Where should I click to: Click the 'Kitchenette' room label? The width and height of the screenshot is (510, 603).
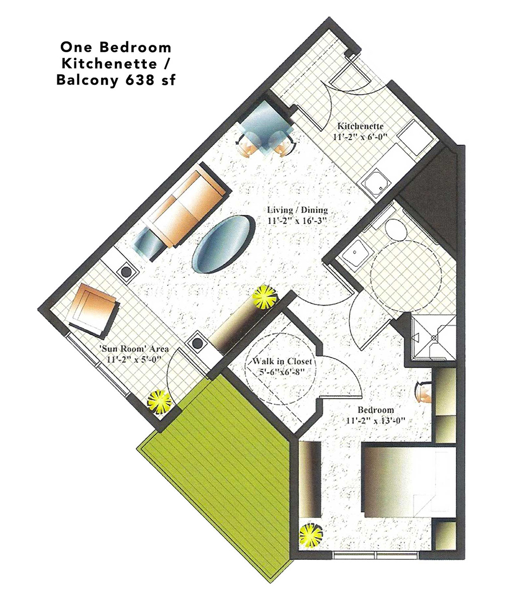[x=361, y=126]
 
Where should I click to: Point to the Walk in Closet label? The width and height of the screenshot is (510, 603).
[x=282, y=361]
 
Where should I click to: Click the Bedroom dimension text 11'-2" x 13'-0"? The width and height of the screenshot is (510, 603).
[x=375, y=421]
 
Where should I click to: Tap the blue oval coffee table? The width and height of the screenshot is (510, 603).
[x=224, y=244]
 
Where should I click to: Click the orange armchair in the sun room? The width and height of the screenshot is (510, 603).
[x=94, y=310]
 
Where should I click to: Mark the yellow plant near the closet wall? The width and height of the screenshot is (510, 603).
[x=264, y=297]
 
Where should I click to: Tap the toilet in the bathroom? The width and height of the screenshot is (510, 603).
[x=395, y=228]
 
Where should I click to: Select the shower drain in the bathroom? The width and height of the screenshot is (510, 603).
[x=433, y=337]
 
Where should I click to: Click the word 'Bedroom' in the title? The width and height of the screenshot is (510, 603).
[x=136, y=48]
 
